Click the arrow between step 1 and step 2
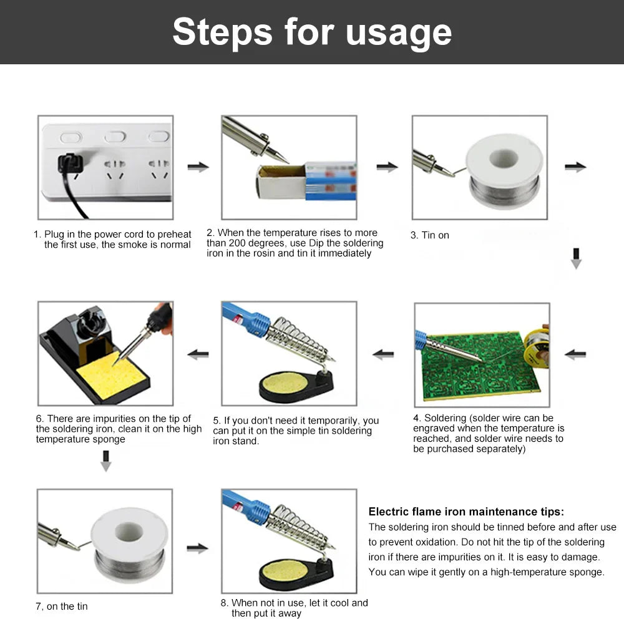pos(198,167)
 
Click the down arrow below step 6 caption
pos(106,461)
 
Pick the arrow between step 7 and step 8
pos(198,548)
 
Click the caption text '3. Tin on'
pos(429,235)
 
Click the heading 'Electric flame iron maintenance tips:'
pos(466,512)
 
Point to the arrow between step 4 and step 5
pos(383,354)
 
